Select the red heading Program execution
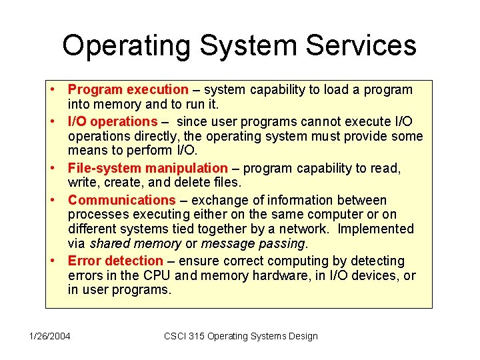128,89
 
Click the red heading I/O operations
112,121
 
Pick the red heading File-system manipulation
147,168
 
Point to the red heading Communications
121,200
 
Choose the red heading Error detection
115,261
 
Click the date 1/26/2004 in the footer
49,336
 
